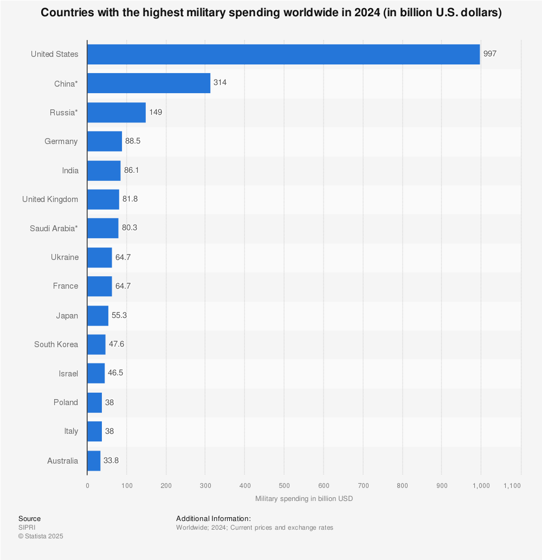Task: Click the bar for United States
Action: (283, 54)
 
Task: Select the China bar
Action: (149, 83)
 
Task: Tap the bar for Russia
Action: (116, 112)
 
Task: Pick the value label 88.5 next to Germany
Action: (132, 141)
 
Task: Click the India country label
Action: (70, 171)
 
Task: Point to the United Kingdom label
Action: (50, 199)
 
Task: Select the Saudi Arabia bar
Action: (102, 228)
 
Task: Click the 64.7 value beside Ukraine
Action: (122, 257)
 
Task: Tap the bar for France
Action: (99, 286)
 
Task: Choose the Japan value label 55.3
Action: (119, 315)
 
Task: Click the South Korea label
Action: (56, 344)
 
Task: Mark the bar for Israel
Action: (95, 373)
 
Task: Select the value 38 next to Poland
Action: (109, 402)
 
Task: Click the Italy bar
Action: (94, 431)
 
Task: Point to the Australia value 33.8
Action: (111, 461)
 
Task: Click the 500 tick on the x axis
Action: (284, 486)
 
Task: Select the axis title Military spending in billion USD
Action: (304, 499)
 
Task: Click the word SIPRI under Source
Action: (27, 528)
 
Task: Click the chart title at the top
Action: (271, 13)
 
